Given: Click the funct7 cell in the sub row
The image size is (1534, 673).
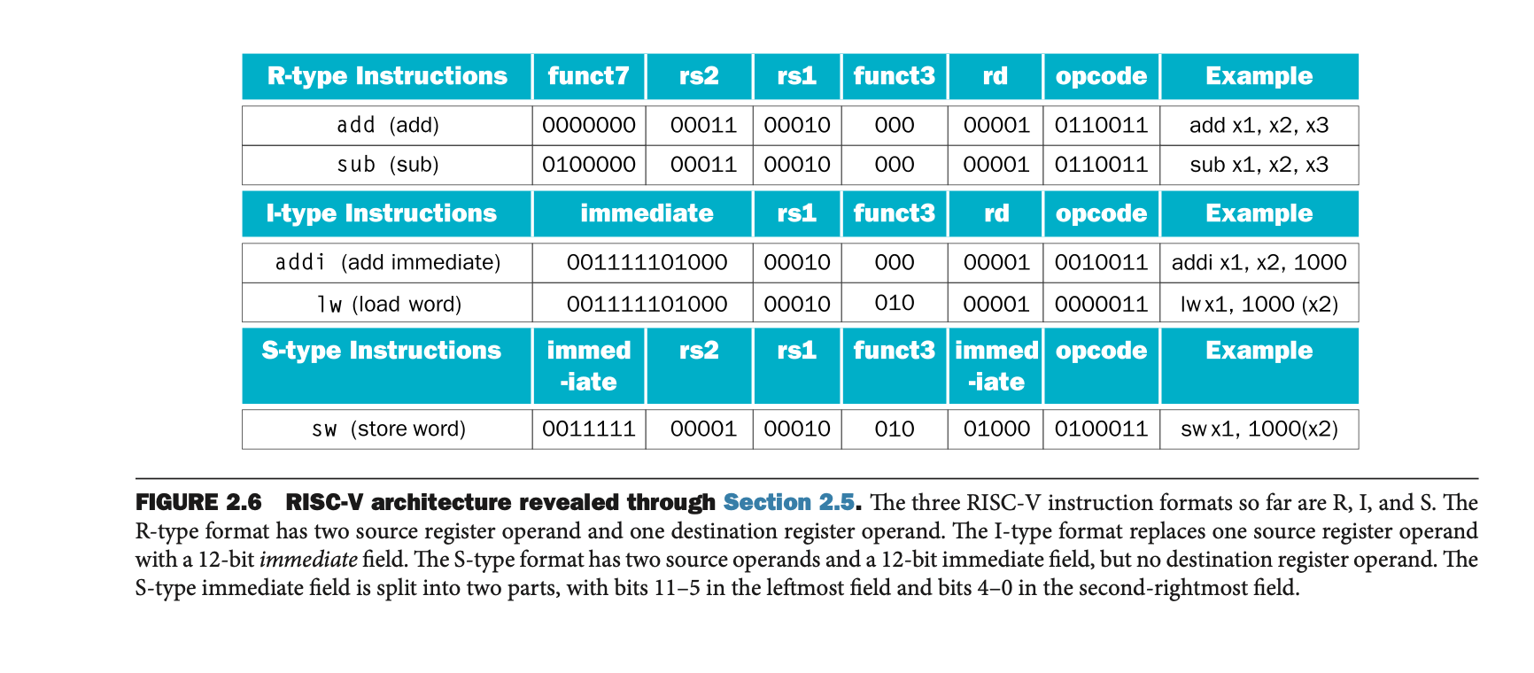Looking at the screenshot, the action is tap(589, 165).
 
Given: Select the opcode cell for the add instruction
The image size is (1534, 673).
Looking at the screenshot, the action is tap(1101, 126).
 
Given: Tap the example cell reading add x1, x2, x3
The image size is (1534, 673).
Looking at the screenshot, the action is tap(1259, 126).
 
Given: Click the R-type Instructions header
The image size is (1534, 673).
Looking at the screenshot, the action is tap(387, 76).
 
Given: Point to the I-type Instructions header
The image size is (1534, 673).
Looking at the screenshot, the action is tap(382, 213).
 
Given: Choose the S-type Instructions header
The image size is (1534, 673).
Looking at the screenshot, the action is tap(382, 351).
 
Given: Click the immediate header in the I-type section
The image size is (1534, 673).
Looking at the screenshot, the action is tap(647, 213).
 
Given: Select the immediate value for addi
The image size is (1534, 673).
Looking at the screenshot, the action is tap(647, 263).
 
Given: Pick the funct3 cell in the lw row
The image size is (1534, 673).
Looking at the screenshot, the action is tap(894, 304).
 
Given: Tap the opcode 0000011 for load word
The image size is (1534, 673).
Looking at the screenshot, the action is tap(1101, 305).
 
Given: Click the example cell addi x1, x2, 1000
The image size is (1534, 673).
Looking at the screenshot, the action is tap(1259, 263).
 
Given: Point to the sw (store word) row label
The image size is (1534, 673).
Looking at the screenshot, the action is tap(388, 429).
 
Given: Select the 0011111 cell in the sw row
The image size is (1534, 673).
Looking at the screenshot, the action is tap(589, 429).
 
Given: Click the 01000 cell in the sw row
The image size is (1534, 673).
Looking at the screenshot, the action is tap(996, 429).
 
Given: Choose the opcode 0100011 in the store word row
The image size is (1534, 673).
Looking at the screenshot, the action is tap(1101, 429).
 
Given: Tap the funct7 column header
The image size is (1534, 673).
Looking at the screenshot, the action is tap(588, 76).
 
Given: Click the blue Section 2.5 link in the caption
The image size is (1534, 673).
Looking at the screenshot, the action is tap(789, 503).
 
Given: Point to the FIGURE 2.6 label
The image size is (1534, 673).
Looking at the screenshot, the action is tap(198, 503).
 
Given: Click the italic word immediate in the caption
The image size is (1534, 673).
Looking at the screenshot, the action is tap(308, 560).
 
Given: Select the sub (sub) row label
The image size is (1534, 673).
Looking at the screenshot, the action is tap(388, 165).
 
